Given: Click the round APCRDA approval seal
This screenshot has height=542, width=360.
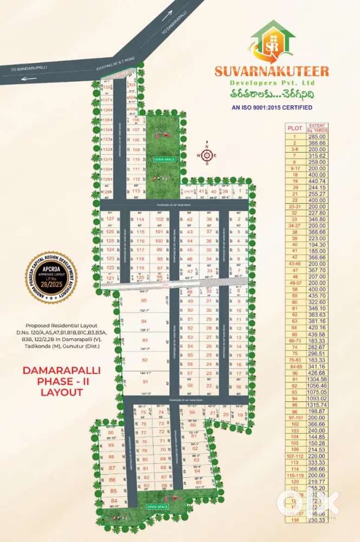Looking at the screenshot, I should pyautogui.click(x=51, y=277).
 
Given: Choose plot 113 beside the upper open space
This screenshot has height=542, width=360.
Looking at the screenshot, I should pyautogui.click(x=136, y=191).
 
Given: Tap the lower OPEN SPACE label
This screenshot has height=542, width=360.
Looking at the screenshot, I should pyautogui.click(x=158, y=507).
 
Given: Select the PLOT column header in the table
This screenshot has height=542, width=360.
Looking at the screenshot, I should pyautogui.click(x=295, y=128).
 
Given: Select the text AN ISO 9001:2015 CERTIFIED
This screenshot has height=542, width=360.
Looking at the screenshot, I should pyautogui.click(x=272, y=107).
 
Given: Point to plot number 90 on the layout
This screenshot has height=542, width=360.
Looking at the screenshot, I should pyautogui.click(x=111, y=432).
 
